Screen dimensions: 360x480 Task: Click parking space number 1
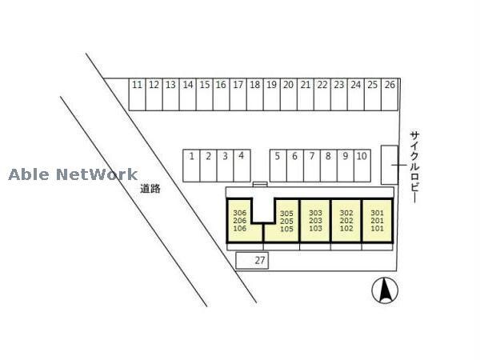pyautogui.click(x=191, y=165)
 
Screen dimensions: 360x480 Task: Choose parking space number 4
pyautogui.click(x=242, y=165)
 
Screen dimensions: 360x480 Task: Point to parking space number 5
pyautogui.click(x=278, y=165)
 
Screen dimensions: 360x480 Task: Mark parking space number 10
pyautogui.click(x=362, y=165)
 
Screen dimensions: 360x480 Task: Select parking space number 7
pyautogui.click(x=311, y=165)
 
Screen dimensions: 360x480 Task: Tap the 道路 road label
pyautogui.click(x=150, y=190)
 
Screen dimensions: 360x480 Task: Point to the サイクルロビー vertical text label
pyautogui.click(x=414, y=166)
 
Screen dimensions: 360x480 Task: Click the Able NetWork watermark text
pyautogui.click(x=73, y=174)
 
